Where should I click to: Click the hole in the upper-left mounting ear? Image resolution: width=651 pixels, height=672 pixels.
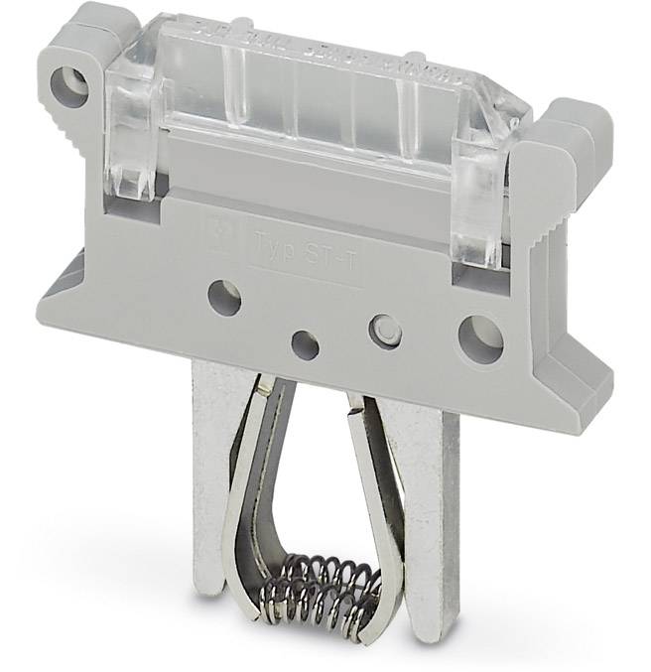tap(71, 86)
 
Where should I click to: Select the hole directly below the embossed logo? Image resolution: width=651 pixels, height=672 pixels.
tap(225, 297)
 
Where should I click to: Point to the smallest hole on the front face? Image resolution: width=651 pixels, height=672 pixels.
tap(306, 344)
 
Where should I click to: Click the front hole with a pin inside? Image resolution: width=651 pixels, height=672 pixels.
tap(385, 331)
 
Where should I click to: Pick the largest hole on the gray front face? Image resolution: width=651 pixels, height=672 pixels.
tap(480, 338)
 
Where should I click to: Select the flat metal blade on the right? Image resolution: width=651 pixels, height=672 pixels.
tap(437, 496)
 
